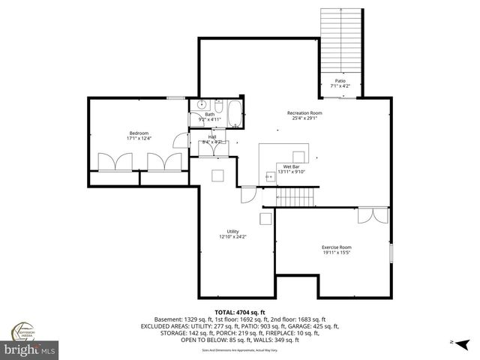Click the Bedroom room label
click(x=139, y=133)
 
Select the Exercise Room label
click(x=337, y=247)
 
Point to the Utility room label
click(x=233, y=231)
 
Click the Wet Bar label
click(x=292, y=166)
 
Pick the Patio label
click(x=340, y=81)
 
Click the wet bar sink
click(x=270, y=176)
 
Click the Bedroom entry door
click(x=179, y=141)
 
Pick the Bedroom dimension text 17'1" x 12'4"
click(x=139, y=139)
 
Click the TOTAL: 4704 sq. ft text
click(x=239, y=312)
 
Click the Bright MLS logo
click(x=30, y=349)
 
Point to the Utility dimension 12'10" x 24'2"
click(x=233, y=237)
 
